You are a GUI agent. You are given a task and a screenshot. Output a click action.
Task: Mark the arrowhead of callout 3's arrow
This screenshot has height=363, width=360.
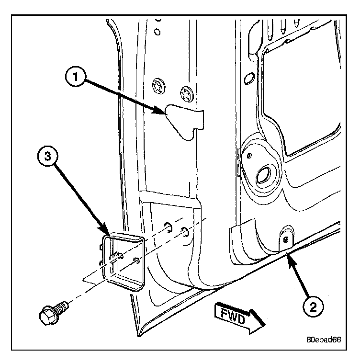point(106,234)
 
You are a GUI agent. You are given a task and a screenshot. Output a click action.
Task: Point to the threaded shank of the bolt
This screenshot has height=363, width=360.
point(62,305)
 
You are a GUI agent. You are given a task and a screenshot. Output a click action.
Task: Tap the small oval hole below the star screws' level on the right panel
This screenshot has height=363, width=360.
point(249,77)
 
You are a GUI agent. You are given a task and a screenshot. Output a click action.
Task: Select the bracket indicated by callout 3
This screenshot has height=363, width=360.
point(122,261)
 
